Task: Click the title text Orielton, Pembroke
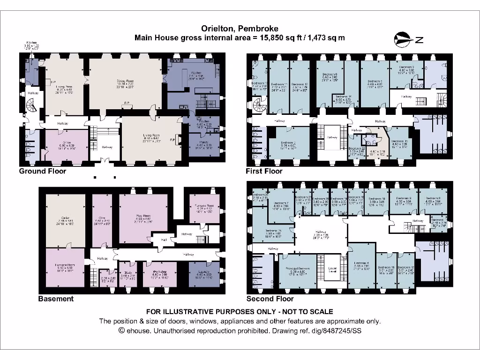(240, 28)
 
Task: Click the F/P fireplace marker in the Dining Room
(127, 103)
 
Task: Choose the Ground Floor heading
(43, 171)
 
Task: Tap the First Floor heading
(264, 171)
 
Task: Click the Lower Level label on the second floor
(331, 270)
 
